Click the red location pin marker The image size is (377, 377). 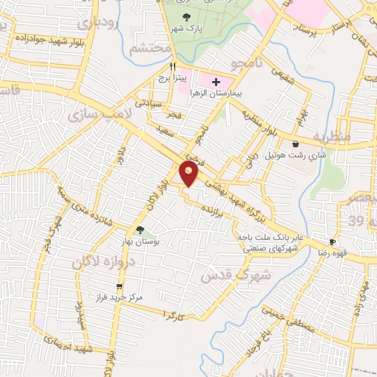(x=189, y=174)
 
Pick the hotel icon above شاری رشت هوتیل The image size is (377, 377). (x=295, y=144)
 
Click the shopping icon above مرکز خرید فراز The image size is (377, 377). (x=119, y=286)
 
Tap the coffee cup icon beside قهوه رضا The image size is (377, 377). (x=332, y=242)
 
